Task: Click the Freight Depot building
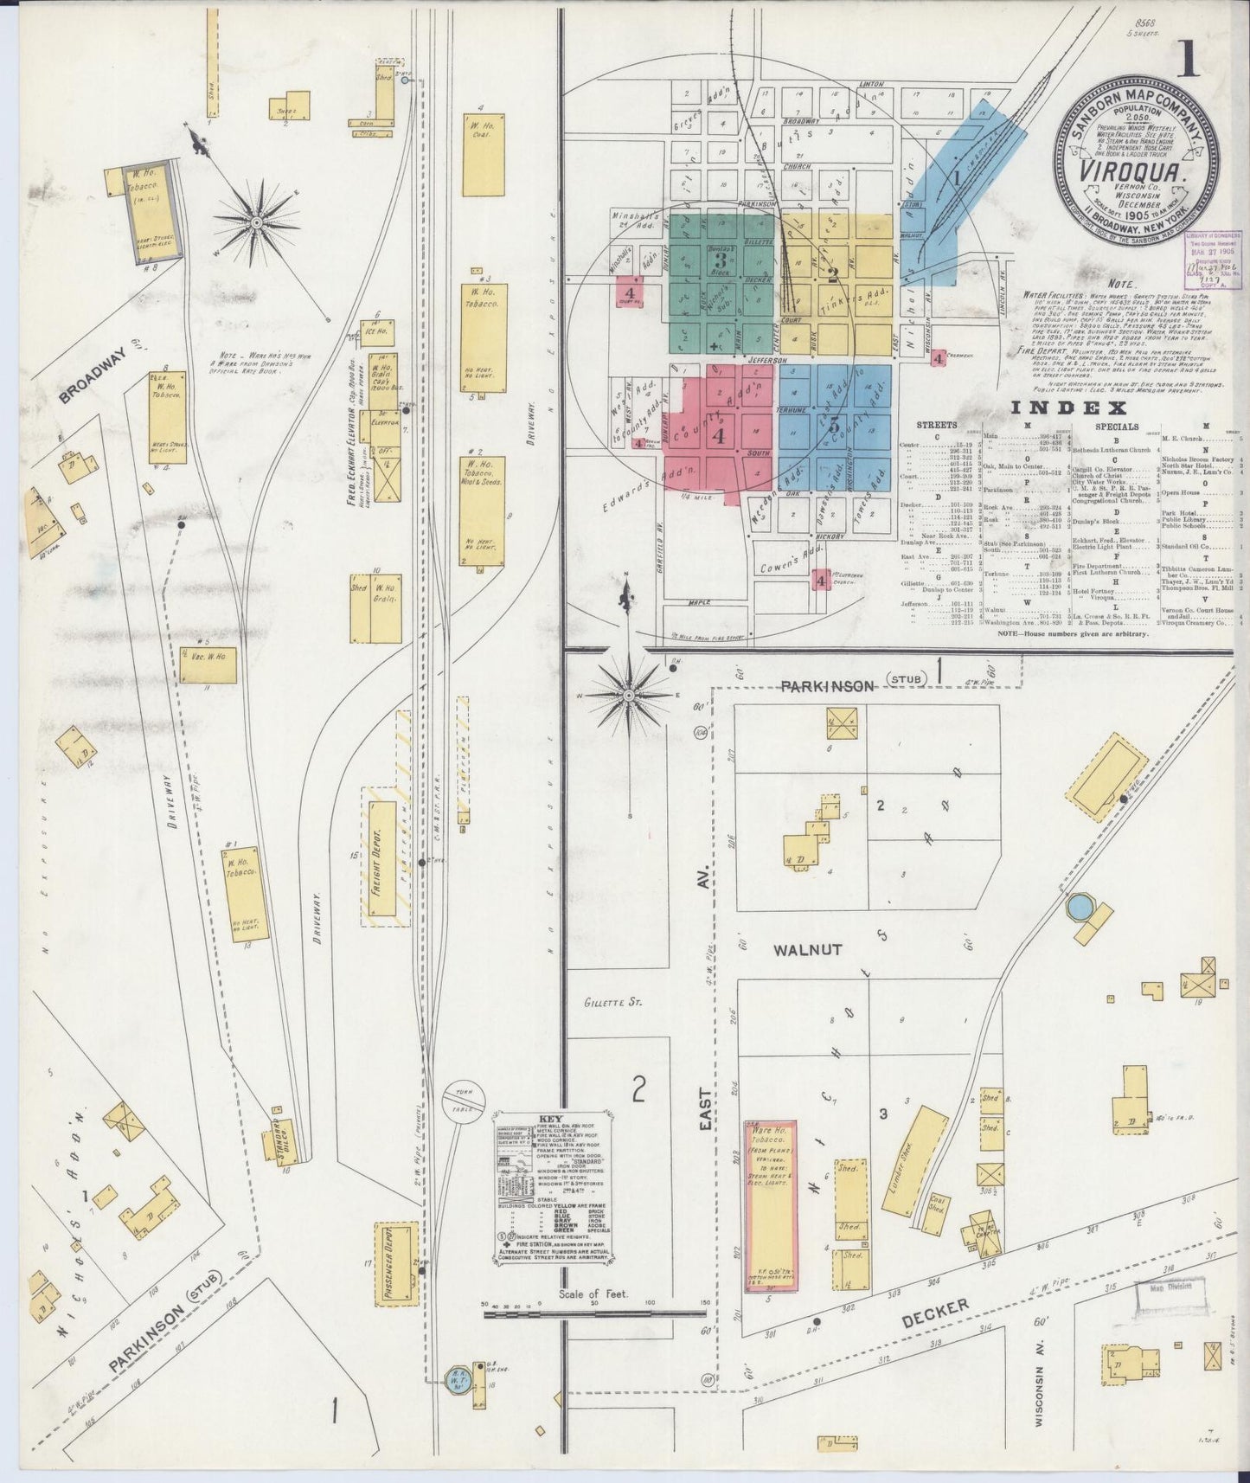[379, 861]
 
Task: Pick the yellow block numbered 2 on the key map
[833, 275]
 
